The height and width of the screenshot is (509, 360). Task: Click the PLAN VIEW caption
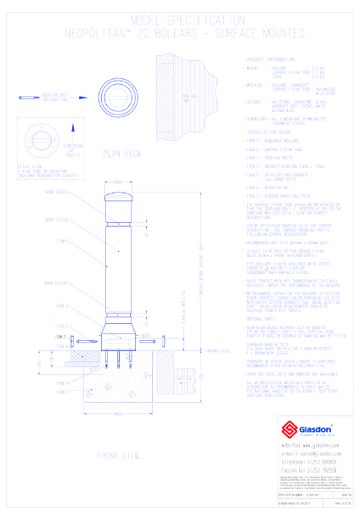120,155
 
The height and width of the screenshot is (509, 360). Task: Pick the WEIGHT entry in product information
255,68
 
